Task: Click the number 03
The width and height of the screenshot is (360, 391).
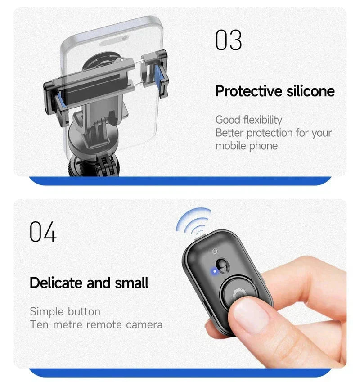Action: [x=229, y=40]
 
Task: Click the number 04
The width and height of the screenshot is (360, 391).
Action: [x=43, y=232]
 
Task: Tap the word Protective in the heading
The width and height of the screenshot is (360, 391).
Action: [x=249, y=91]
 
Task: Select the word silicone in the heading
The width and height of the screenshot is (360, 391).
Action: [x=310, y=91]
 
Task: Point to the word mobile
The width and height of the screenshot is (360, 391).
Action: [x=230, y=146]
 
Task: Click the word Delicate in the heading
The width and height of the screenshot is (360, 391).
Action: [x=56, y=283]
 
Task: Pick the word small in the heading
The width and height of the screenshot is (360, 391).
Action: [x=131, y=283]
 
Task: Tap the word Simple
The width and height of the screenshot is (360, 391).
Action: [x=47, y=312]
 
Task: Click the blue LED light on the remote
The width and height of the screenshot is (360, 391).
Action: [x=214, y=271]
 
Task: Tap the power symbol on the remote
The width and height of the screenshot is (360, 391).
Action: [x=215, y=251]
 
